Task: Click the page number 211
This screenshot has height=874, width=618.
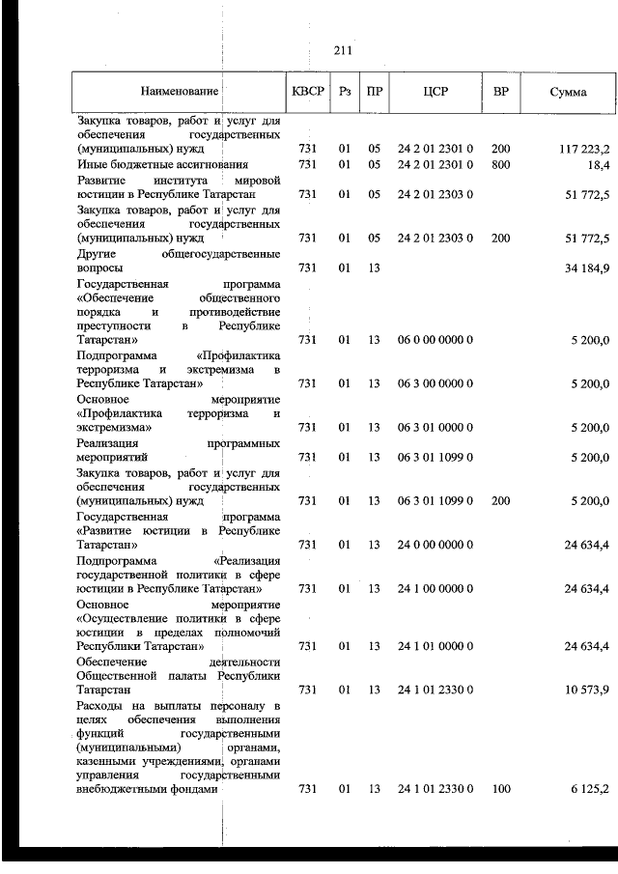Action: [342, 50]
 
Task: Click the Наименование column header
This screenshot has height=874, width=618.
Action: [180, 94]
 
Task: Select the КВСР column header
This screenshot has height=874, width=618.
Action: [308, 94]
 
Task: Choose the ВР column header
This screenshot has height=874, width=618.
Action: [500, 94]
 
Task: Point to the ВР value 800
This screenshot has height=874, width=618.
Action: [500, 164]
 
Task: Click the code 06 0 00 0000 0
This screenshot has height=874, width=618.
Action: [435, 340]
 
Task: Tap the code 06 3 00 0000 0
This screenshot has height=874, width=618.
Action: [435, 383]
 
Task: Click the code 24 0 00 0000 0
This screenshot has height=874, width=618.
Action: [435, 545]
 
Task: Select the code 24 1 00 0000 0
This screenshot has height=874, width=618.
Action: [435, 588]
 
